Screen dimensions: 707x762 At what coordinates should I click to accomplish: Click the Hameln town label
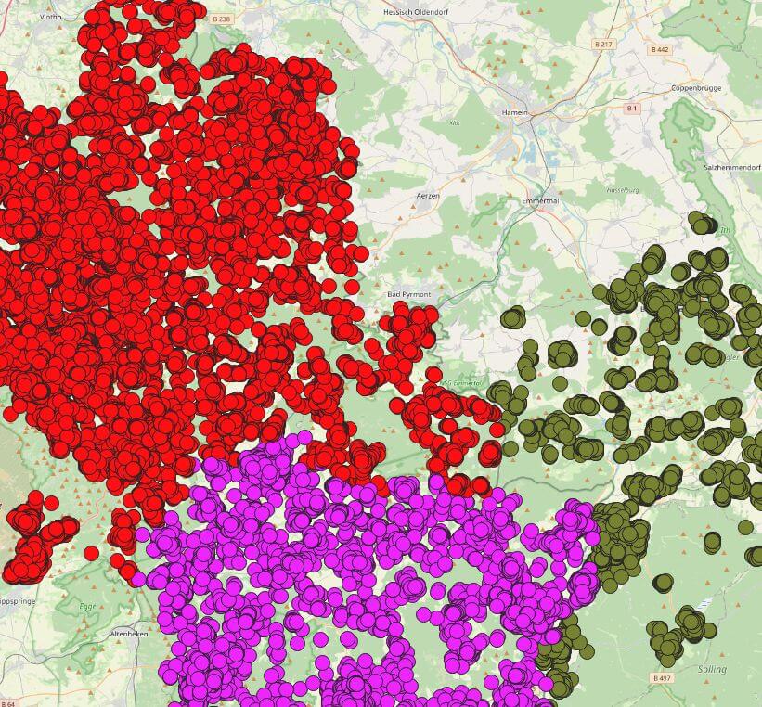(514, 112)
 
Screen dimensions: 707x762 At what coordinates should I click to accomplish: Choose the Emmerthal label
(539, 200)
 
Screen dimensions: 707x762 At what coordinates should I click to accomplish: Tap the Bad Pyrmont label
(408, 294)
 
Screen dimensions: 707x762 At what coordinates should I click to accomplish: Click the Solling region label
(712, 668)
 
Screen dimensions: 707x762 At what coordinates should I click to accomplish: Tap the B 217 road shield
(603, 44)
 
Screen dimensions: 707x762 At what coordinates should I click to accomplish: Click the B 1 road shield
(631, 109)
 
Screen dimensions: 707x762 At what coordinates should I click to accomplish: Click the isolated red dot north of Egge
(91, 553)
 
